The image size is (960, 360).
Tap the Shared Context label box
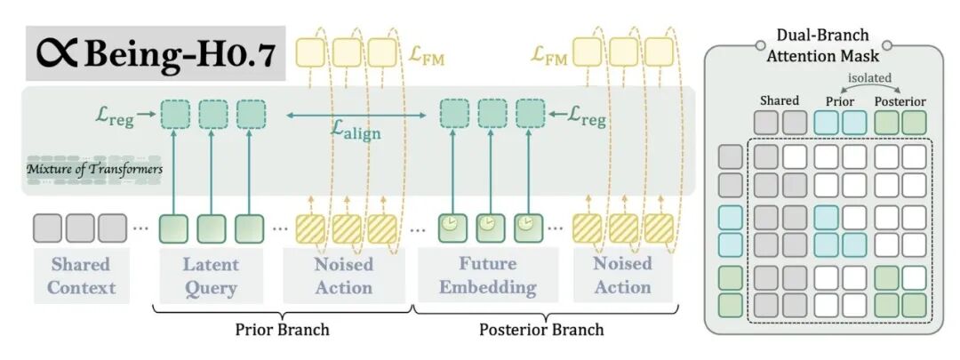[x=82, y=276]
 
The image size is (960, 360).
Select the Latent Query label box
[x=210, y=276]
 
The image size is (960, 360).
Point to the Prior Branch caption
[x=282, y=330]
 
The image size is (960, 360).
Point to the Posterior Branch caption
[x=541, y=330]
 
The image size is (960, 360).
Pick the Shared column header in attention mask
[x=779, y=100]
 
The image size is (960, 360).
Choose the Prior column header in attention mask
[x=841, y=100]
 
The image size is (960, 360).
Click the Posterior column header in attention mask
[x=901, y=100]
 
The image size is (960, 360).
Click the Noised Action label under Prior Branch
[x=343, y=276]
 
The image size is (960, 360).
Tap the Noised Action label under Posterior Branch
[x=622, y=276]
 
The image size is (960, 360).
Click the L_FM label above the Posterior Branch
[x=550, y=56]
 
